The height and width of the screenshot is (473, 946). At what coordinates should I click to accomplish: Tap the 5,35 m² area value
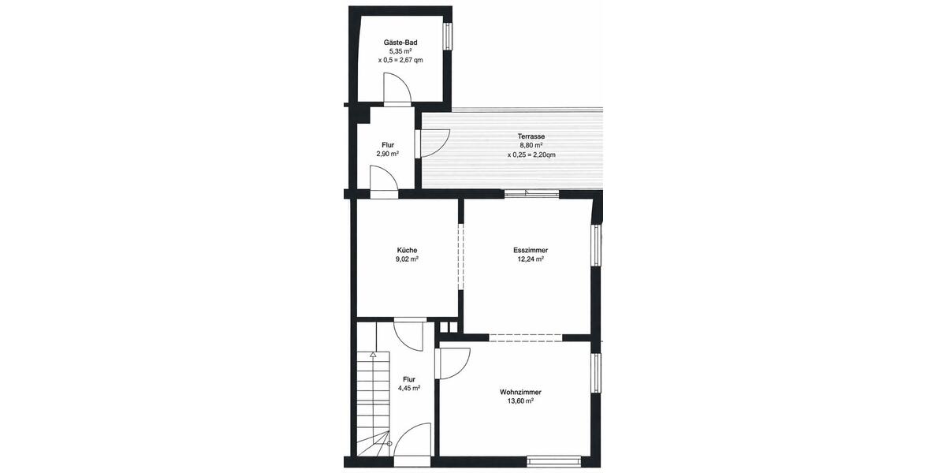(400, 50)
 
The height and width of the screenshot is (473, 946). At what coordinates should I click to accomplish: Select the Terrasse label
(531, 136)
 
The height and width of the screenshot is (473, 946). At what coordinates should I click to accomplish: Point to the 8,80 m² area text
(531, 146)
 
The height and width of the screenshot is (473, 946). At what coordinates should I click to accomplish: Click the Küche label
(407, 250)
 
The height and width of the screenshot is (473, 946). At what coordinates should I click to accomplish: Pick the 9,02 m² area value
(407, 259)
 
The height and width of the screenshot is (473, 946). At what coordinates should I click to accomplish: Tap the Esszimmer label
(531, 250)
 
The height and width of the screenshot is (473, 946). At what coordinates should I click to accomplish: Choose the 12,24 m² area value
(531, 259)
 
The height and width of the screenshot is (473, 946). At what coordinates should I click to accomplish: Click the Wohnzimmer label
(520, 392)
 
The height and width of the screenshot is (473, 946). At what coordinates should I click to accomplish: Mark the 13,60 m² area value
(520, 401)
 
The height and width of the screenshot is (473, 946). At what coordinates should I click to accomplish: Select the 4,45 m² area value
(408, 388)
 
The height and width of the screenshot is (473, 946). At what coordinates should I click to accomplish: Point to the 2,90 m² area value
(387, 155)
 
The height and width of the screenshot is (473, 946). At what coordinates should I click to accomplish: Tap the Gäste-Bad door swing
(397, 88)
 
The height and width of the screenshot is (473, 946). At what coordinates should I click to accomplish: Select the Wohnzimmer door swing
(453, 363)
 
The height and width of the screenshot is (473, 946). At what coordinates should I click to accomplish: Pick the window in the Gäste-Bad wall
(447, 35)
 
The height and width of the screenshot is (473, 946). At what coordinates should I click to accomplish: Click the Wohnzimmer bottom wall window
(553, 457)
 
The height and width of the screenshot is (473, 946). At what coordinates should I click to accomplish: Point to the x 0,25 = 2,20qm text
(531, 155)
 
